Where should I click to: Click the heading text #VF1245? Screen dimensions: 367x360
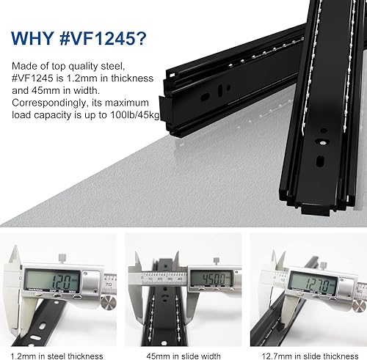pyautogui.click(x=103, y=38)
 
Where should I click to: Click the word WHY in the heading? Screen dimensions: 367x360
pyautogui.click(x=33, y=38)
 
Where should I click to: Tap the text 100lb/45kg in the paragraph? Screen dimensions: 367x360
pyautogui.click(x=135, y=115)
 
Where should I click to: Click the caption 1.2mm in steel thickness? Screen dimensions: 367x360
pyautogui.click(x=57, y=356)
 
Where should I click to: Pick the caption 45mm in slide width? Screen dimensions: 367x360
pyautogui.click(x=183, y=356)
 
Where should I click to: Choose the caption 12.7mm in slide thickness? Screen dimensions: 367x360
pyautogui.click(x=310, y=356)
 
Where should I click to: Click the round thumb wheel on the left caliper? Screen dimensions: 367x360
pyautogui.click(x=109, y=303)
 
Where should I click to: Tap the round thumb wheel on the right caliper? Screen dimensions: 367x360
pyautogui.click(x=360, y=306)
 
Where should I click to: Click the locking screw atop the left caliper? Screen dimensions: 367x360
pyautogui.click(x=62, y=258)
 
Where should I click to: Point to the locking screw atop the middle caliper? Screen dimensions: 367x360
pyautogui.click(x=217, y=260)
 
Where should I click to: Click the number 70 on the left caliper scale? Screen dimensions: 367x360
pyautogui.click(x=109, y=284)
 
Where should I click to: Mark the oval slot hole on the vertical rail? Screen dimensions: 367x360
pyautogui.click(x=320, y=161)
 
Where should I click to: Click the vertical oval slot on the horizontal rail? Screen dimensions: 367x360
pyautogui.click(x=220, y=89)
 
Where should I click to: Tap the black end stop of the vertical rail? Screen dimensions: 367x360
pyautogui.click(x=316, y=208)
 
